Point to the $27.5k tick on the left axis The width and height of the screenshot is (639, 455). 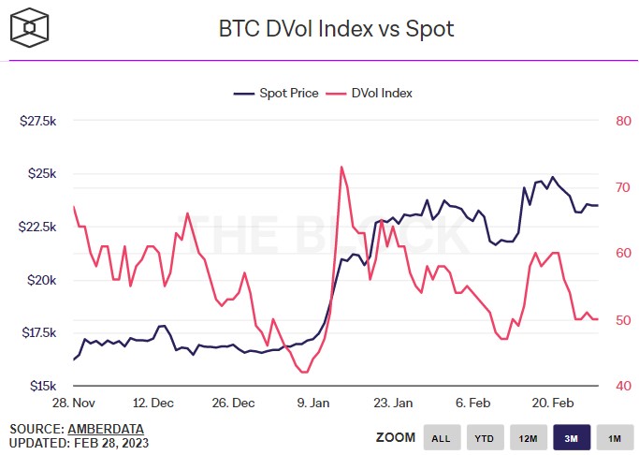38,122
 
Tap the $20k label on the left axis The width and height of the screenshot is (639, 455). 43,280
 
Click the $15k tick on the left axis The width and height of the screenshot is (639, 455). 43,386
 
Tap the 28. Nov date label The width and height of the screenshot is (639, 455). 74,403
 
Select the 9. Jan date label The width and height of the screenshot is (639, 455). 313,403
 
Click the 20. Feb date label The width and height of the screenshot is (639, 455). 552,403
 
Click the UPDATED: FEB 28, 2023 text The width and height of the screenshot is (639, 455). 80,442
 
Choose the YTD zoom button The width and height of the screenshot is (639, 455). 485,437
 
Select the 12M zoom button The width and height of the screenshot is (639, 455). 528,437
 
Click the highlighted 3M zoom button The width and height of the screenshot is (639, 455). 571,437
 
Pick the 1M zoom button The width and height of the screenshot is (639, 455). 614,437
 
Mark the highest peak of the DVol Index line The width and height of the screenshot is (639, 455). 341,167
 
